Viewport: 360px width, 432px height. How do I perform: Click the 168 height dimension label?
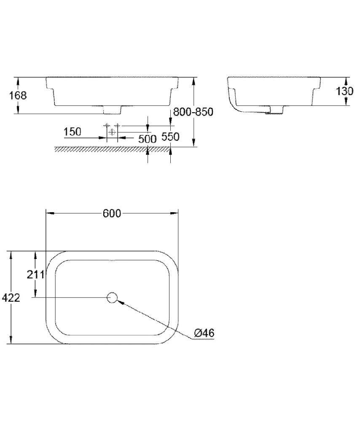[x=18, y=95]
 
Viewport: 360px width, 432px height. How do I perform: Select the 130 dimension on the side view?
[x=344, y=91]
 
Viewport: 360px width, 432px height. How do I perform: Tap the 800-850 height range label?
[x=193, y=112]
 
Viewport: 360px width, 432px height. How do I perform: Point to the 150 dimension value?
[x=73, y=132]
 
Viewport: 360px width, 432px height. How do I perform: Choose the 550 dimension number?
[x=171, y=137]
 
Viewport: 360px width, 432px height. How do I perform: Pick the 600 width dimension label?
[x=112, y=213]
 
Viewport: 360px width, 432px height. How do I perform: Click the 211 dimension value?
[x=36, y=275]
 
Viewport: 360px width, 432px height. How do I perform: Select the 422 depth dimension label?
[x=11, y=298]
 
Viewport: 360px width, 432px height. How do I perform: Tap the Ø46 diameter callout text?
[x=204, y=333]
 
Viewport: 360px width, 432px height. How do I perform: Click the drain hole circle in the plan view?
[x=112, y=298]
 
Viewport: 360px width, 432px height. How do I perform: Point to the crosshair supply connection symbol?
[x=112, y=132]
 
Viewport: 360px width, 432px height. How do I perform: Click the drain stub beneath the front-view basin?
[x=112, y=110]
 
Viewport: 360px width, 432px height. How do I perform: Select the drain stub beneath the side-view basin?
[x=275, y=110]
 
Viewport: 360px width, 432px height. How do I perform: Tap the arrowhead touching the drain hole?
[x=120, y=301]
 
